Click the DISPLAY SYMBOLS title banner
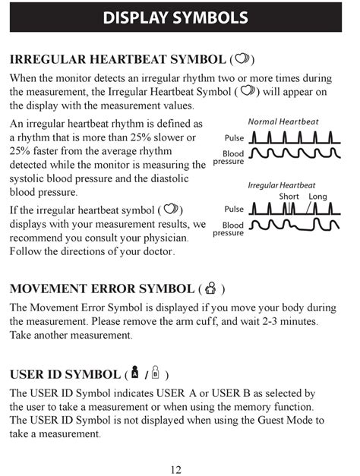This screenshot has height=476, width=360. click(x=180, y=17)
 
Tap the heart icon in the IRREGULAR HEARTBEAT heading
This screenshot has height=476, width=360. click(x=242, y=59)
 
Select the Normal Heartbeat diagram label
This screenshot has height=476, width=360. click(x=283, y=121)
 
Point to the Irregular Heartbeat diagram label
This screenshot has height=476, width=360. click(x=281, y=185)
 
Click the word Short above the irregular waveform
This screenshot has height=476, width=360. click(x=289, y=197)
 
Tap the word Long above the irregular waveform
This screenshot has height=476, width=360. click(x=317, y=197)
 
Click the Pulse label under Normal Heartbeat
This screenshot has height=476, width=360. click(x=234, y=138)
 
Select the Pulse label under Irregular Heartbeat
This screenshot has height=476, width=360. click(x=234, y=209)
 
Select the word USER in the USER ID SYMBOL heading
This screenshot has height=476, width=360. click(x=27, y=374)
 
